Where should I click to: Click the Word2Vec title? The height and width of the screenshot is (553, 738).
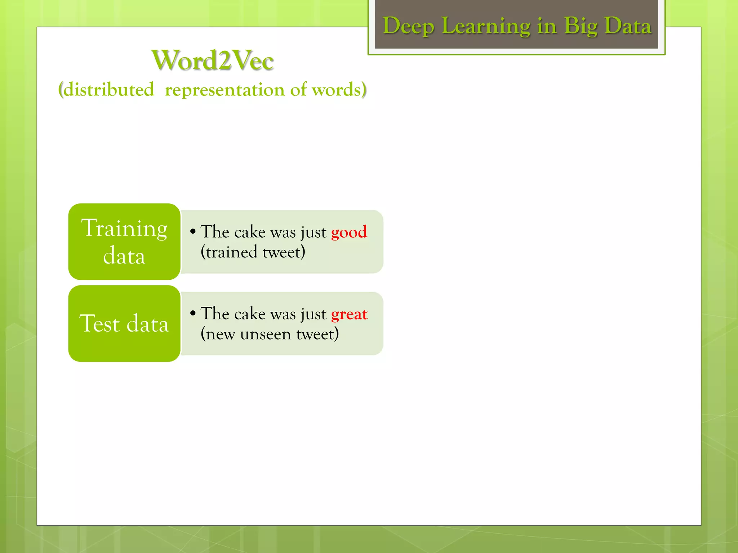(x=213, y=60)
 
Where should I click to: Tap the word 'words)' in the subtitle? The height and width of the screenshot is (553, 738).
(x=339, y=89)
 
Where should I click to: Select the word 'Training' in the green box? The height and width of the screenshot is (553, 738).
(x=124, y=228)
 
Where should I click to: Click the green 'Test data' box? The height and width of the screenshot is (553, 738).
(x=124, y=324)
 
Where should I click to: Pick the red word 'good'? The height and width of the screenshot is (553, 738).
(x=349, y=232)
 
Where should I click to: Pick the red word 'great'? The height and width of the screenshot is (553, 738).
(x=349, y=314)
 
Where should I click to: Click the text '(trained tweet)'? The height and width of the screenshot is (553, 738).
(x=253, y=252)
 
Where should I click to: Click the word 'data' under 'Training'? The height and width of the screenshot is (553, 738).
(x=124, y=256)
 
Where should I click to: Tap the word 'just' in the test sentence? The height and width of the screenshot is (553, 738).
(x=313, y=314)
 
